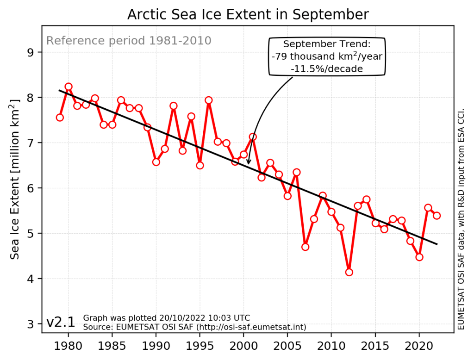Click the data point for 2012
point(349,272)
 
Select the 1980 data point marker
point(69,87)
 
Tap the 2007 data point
point(305,247)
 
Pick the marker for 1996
point(209,100)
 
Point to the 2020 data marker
point(419,257)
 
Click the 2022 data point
point(437,216)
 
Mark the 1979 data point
point(60,118)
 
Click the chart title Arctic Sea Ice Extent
point(248,15)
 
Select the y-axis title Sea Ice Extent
point(15,179)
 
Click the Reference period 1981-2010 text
point(129,41)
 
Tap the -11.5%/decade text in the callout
point(327,68)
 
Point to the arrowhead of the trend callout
point(249,162)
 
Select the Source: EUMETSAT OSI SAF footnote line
point(194,327)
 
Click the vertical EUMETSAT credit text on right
point(461,220)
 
